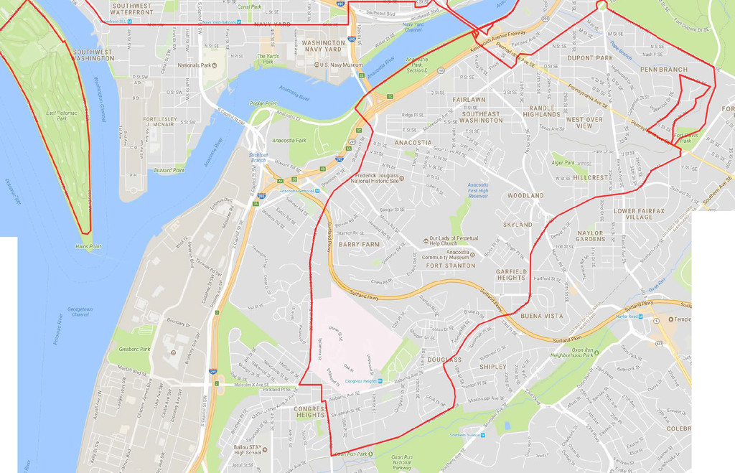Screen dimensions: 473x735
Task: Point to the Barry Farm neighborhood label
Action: [x=359, y=245]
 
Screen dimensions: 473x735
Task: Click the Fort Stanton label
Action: [x=451, y=266]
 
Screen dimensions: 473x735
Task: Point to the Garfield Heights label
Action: [x=510, y=274]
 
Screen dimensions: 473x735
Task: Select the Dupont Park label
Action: [x=589, y=57]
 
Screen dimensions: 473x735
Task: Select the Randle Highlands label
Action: [x=541, y=111]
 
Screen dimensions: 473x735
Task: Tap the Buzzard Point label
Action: [x=169, y=170]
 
